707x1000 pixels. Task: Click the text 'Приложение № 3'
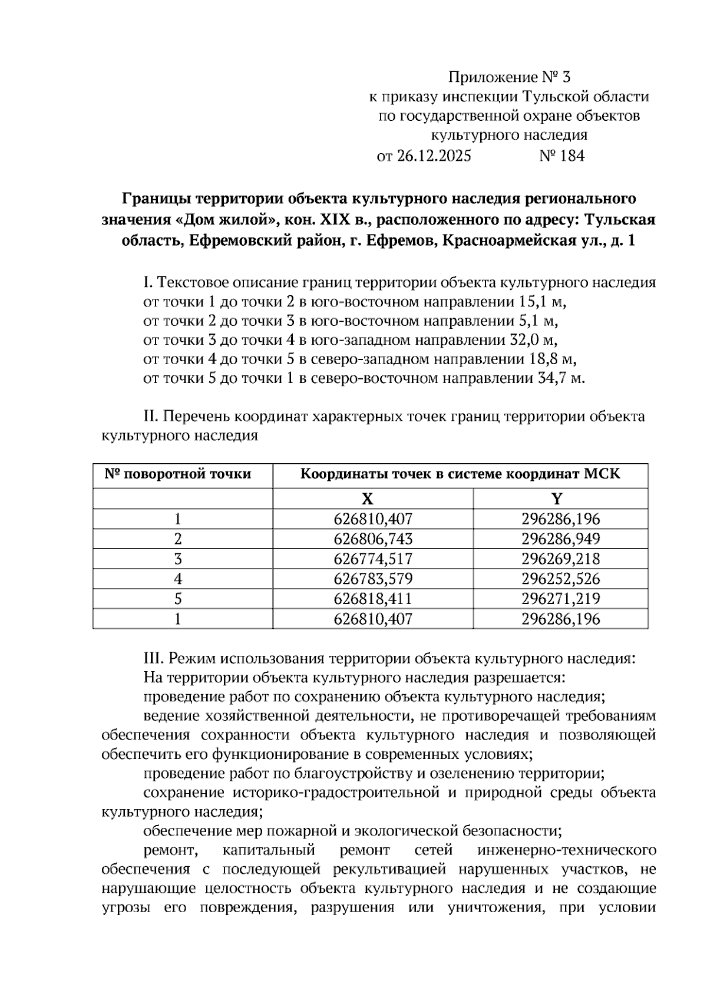pos(510,77)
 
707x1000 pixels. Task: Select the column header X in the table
pos(367,499)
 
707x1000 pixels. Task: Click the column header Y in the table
pos(557,499)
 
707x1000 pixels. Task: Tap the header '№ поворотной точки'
pos(178,474)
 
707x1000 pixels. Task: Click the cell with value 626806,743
pos(373,539)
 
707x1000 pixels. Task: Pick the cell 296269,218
pos(560,559)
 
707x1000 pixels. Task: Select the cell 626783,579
pos(373,579)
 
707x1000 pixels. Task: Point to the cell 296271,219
pos(560,599)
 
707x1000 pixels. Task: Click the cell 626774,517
pos(373,559)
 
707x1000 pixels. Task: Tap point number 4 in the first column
pos(178,579)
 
